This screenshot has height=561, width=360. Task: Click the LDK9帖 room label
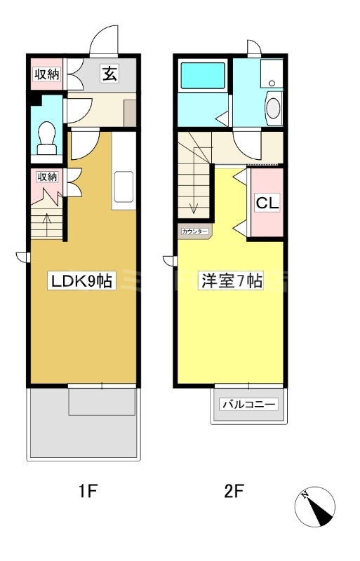pos(82,280)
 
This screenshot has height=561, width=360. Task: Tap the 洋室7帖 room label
pos(232,280)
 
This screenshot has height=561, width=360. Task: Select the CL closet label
pos(267,203)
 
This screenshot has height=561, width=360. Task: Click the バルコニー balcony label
pos(250,405)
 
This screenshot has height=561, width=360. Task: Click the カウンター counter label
pos(195,231)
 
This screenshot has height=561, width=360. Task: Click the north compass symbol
pos(315,506)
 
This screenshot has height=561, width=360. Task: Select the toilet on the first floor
pos(47,138)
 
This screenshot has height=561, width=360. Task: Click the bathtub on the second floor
pos(203,76)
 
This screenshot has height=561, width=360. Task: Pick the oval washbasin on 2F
pos(273,108)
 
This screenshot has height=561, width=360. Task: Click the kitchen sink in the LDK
pos(124,187)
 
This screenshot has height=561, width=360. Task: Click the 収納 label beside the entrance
pos(47,74)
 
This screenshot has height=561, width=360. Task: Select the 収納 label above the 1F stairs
pos(47,177)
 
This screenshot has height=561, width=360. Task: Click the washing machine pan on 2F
pos(272,74)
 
